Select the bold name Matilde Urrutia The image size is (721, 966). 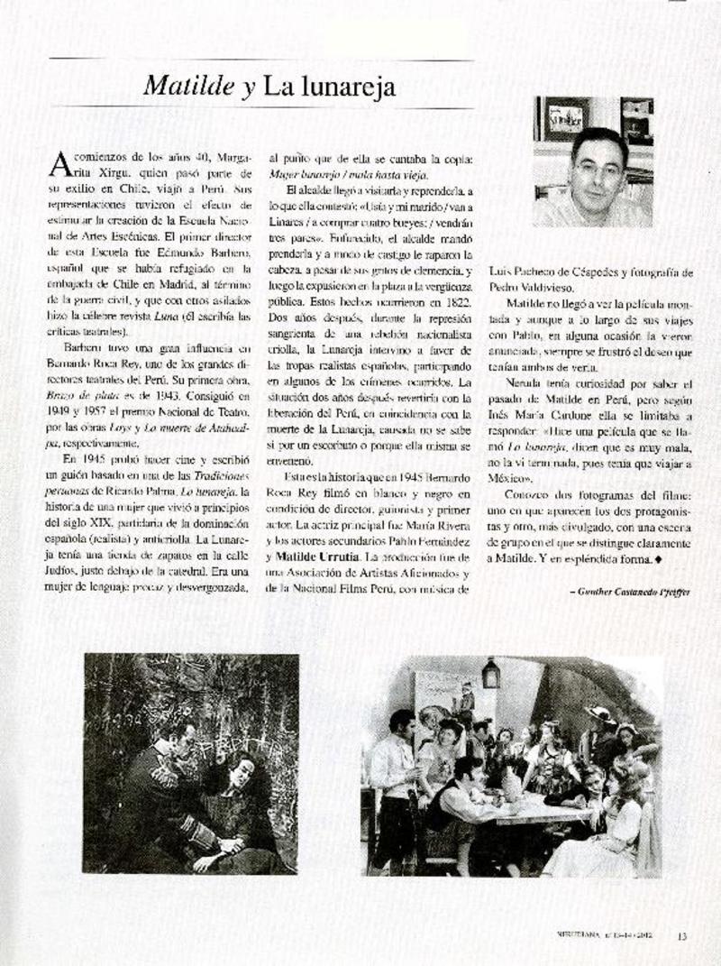[x=318, y=557]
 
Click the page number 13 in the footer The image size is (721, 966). [x=682, y=935]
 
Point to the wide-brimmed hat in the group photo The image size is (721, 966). [x=598, y=714]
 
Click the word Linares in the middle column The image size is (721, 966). [x=289, y=222]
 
